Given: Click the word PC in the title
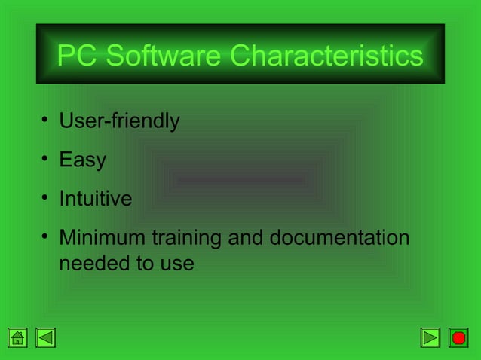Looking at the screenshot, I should (x=78, y=56).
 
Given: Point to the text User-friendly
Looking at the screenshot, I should (x=119, y=121).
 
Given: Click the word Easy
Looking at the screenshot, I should (x=82, y=160).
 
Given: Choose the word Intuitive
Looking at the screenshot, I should (x=95, y=200).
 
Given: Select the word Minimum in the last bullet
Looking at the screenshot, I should (x=103, y=239).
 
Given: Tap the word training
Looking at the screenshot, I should (x=186, y=239).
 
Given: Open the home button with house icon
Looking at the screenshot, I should (x=18, y=337).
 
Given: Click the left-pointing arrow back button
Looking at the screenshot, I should (x=46, y=337).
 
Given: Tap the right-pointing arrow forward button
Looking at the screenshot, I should (x=430, y=337).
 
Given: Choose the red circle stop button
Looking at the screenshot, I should (x=458, y=337).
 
